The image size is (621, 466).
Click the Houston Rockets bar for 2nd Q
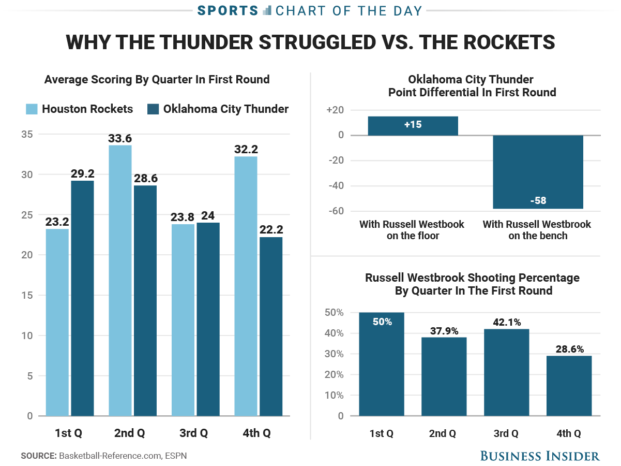click(120, 280)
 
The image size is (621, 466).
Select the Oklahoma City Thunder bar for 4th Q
click(271, 326)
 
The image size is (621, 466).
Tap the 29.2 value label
click(82, 173)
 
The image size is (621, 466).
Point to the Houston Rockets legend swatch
click(32, 109)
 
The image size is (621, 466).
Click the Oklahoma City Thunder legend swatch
click(154, 109)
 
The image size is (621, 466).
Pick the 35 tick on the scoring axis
click(27, 135)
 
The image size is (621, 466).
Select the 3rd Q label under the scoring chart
click(195, 433)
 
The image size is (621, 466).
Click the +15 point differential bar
click(413, 126)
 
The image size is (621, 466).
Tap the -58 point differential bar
click(538, 172)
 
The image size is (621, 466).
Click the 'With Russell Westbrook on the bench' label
click(537, 230)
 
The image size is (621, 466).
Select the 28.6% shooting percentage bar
click(569, 386)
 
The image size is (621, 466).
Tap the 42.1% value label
click(506, 322)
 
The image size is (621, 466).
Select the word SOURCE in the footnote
click(38, 456)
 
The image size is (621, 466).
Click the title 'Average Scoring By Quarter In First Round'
click(157, 80)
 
